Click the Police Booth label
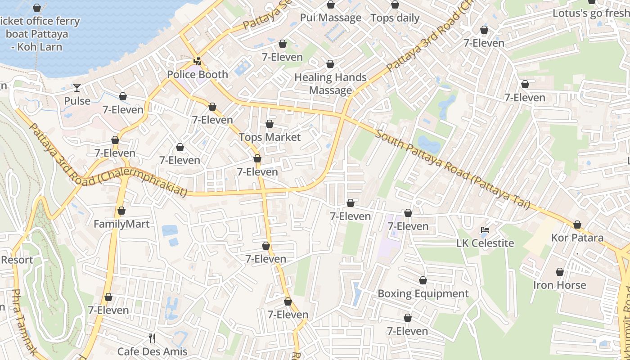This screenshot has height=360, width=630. coord(198,75)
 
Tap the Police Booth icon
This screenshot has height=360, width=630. coord(197,61)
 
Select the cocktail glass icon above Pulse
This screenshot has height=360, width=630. coord(77,87)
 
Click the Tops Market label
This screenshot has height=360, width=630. coord(270,137)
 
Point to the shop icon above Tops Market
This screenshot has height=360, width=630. coord(270,124)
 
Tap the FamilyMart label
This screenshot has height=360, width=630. coord(121,224)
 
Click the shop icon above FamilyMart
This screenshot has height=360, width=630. coord(121,211)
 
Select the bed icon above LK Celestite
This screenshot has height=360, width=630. coord(485,230)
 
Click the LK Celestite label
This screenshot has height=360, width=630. coord(485,243)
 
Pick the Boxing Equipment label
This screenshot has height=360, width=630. coord(423,294)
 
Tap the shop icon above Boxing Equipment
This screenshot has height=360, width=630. coord(423,280)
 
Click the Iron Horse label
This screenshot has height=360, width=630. coord(560,285)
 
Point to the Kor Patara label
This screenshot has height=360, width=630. coord(577,238)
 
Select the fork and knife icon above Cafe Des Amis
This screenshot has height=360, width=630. coord(152,338)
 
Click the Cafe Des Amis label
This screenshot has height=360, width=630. coord(152,351)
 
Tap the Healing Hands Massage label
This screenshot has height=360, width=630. coord(330,84)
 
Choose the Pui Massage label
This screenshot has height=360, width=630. coord(331,18)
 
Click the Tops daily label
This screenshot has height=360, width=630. coord(395,18)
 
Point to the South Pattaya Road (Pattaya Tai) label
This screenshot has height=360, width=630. coord(452,169)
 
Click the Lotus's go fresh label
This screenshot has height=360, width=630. coord(591,13)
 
